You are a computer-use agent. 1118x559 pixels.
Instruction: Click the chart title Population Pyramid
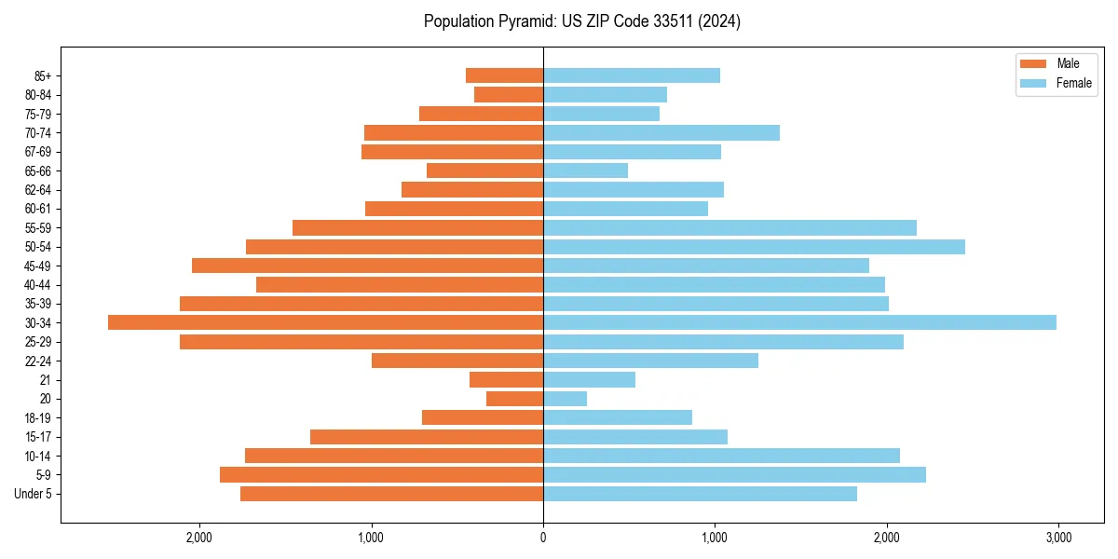581,21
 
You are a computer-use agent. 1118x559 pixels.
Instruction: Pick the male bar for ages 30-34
325,322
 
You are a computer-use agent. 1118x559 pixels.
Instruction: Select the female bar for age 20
565,399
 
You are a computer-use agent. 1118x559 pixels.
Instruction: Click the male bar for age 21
506,379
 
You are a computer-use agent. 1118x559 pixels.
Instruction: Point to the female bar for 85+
631,75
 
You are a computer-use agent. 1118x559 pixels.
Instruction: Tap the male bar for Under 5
391,494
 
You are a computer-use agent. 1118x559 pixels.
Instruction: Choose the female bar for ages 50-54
754,247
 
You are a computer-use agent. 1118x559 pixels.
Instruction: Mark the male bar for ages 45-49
367,266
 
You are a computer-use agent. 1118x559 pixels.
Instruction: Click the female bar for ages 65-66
585,170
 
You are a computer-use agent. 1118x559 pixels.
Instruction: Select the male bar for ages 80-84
509,94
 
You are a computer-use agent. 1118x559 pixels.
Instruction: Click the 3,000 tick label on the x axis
1057,538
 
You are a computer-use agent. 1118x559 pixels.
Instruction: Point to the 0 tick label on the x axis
543,538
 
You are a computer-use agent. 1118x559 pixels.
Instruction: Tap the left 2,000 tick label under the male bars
199,538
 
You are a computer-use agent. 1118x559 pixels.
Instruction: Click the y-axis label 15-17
38,437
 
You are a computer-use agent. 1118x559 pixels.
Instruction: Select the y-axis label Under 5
34,494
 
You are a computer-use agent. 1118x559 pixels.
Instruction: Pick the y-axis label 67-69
38,152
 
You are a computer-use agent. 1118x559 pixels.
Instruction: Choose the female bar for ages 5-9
734,474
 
